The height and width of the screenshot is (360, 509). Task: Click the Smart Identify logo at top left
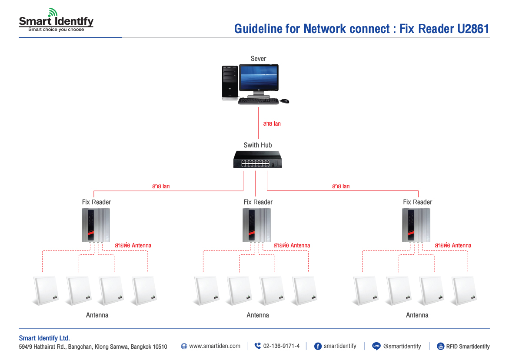[x=56, y=21]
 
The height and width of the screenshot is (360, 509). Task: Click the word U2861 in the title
[x=473, y=29]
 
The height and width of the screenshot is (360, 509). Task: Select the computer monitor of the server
[x=259, y=79]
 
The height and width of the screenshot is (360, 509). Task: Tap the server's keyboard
[x=258, y=101]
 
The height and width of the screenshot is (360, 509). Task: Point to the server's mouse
[x=285, y=101]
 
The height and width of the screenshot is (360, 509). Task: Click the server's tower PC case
[x=230, y=83]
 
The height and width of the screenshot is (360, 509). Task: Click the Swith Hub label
[x=258, y=145]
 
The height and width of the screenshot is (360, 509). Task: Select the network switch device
[x=258, y=160]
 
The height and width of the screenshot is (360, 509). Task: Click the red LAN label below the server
[x=272, y=124]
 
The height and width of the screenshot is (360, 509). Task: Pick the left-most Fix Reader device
[x=96, y=225]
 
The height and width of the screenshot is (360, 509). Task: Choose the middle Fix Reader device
[x=256, y=225]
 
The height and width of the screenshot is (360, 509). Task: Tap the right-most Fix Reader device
[x=416, y=225]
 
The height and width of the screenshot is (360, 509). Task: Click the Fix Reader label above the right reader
[x=417, y=202]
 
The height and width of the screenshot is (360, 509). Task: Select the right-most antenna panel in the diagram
[x=464, y=290]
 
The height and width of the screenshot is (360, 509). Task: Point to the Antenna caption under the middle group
[x=258, y=315]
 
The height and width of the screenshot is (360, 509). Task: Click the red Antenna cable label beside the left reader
[x=133, y=246]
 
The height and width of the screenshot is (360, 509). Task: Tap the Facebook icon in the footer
[x=318, y=346]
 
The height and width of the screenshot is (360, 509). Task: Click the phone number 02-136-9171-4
[x=281, y=346]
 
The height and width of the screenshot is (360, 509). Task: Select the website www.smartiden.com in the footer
[x=215, y=346]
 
